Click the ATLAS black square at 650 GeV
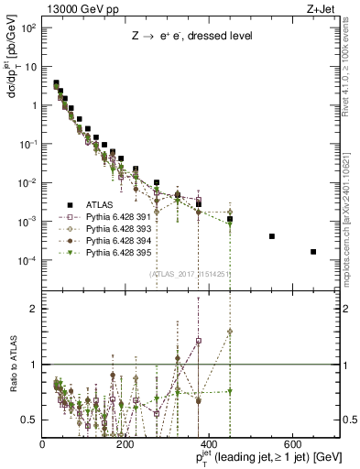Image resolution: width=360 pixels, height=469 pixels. point(313,252)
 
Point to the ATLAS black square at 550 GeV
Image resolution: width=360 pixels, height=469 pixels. point(272,236)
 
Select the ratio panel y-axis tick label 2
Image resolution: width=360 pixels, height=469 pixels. point(34,309)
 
